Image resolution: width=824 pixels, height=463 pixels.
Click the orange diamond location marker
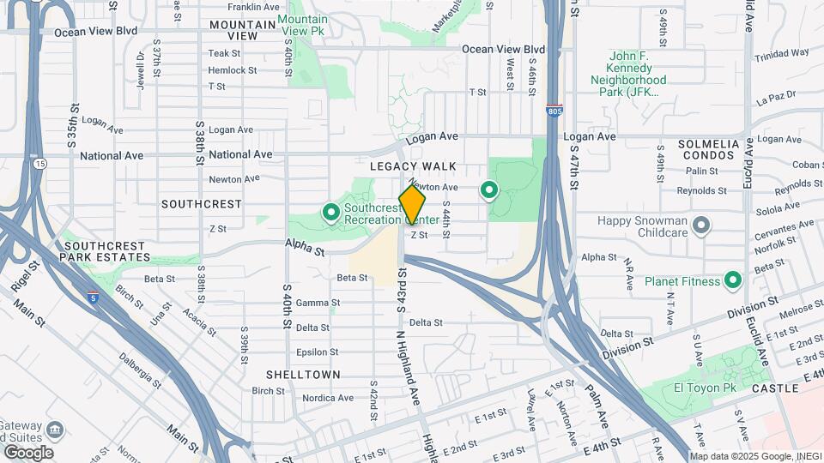[412, 205]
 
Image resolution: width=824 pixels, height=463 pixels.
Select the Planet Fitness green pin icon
[733, 280]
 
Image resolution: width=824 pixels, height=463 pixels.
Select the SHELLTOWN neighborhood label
[303, 375]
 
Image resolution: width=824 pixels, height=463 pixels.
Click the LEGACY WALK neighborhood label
[413, 166]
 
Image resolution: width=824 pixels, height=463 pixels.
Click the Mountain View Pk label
[303, 25]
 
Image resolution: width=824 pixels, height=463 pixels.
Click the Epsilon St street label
[318, 352]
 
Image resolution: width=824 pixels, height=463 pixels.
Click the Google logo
[28, 453]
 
